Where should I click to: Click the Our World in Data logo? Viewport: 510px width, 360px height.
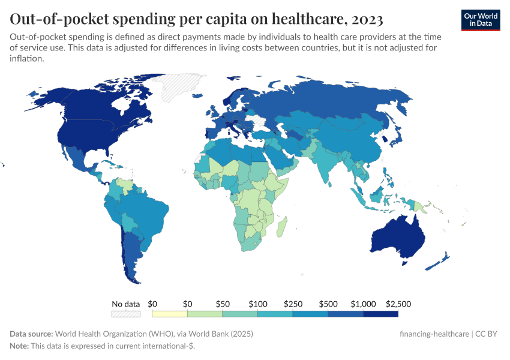point(480,19)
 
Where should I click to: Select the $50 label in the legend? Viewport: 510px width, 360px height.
point(222,304)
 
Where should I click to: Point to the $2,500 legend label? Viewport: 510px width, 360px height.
point(398,304)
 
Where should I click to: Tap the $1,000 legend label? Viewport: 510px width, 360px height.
point(364,304)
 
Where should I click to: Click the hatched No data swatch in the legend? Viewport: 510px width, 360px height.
point(126,313)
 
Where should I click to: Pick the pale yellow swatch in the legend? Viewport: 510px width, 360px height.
point(170,313)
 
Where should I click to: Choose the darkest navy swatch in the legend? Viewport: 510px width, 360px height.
point(380,313)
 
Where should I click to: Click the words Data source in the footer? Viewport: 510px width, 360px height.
point(31,334)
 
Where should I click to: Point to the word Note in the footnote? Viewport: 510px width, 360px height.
point(20,346)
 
